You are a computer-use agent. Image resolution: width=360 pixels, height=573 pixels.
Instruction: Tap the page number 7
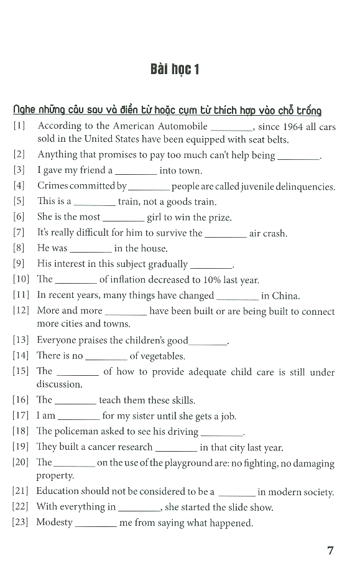click(x=330, y=550)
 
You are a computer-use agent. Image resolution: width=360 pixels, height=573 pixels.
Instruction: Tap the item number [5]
click(x=19, y=202)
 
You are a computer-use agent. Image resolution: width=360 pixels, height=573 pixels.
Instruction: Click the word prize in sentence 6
click(x=218, y=217)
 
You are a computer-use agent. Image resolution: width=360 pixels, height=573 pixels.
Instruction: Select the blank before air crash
click(x=225, y=235)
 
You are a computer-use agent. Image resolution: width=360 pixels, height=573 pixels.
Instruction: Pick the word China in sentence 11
click(x=285, y=296)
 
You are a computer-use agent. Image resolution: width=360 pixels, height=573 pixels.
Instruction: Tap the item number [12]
click(x=21, y=311)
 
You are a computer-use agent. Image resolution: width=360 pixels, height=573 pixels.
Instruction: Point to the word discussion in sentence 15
click(x=59, y=384)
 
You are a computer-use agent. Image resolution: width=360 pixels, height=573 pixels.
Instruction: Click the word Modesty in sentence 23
click(x=55, y=523)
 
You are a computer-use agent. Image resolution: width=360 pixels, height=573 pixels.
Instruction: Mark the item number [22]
click(x=21, y=506)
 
